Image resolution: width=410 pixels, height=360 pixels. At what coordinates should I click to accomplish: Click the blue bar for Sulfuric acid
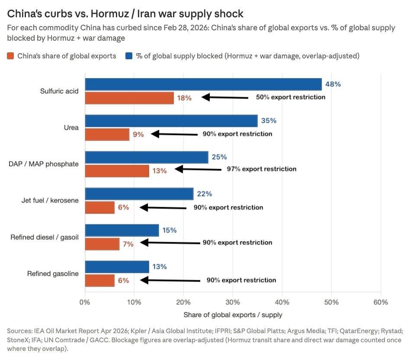(203, 84)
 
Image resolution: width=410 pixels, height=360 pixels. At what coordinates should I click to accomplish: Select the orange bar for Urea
(107, 135)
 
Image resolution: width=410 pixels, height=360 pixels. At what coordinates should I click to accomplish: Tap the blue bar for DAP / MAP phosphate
(147, 157)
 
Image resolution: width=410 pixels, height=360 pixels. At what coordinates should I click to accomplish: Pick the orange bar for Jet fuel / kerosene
(100, 208)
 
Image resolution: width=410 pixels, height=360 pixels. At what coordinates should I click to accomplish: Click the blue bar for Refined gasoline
(117, 267)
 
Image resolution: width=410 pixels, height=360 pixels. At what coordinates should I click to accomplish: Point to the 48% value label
(333, 84)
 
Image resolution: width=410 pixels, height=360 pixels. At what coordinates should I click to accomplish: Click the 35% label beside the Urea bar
(269, 121)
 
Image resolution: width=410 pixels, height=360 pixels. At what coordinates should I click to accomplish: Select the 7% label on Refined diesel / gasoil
(128, 244)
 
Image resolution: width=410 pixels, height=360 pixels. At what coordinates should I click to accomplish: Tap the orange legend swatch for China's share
(11, 56)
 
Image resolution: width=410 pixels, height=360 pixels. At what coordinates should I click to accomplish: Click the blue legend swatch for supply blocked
(129, 56)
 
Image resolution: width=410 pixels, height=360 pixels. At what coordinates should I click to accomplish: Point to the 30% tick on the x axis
(233, 302)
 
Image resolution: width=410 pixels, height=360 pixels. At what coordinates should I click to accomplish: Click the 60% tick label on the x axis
(381, 302)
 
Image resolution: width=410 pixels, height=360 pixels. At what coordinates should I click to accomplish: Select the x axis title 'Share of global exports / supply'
(233, 315)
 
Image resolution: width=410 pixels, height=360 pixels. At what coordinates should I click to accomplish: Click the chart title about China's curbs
(125, 14)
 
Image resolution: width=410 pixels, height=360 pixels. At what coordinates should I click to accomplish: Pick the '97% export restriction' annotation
(262, 169)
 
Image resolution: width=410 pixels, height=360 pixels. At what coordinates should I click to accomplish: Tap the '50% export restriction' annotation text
(291, 97)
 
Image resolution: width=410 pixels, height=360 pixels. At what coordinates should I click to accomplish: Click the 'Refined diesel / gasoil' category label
(45, 238)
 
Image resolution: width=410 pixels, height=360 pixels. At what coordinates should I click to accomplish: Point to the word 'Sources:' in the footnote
(19, 331)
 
